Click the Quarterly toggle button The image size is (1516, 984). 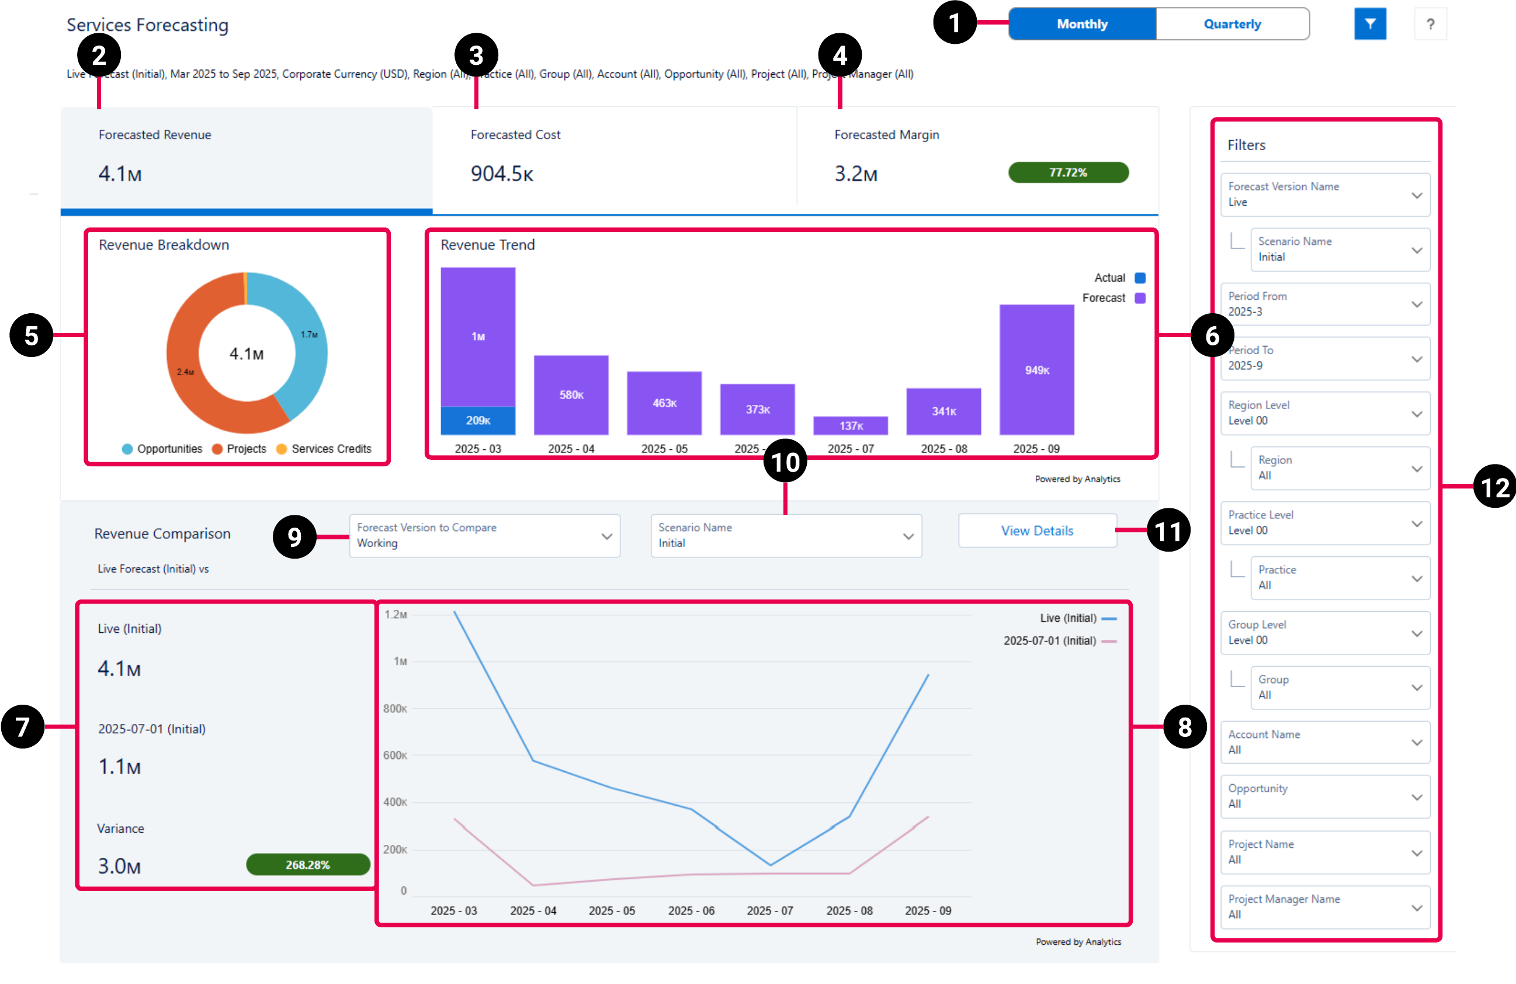click(1232, 24)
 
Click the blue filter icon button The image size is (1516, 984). click(1369, 24)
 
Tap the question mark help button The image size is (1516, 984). click(1430, 24)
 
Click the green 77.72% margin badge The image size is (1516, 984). click(1068, 173)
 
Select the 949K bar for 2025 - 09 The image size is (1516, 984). click(1036, 370)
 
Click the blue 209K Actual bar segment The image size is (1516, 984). click(478, 421)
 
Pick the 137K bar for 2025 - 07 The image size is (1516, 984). click(851, 425)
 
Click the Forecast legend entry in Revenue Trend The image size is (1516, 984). click(1112, 298)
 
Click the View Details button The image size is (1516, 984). click(1037, 531)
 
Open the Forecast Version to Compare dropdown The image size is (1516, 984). click(484, 536)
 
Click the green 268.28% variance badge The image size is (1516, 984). click(308, 865)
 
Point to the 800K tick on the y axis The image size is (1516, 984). click(395, 709)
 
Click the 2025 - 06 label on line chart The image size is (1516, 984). click(691, 911)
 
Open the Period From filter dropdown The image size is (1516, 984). click(1325, 304)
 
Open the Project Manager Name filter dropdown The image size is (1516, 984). click(1325, 907)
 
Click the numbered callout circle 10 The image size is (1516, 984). click(785, 462)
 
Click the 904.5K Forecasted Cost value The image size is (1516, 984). click(501, 174)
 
